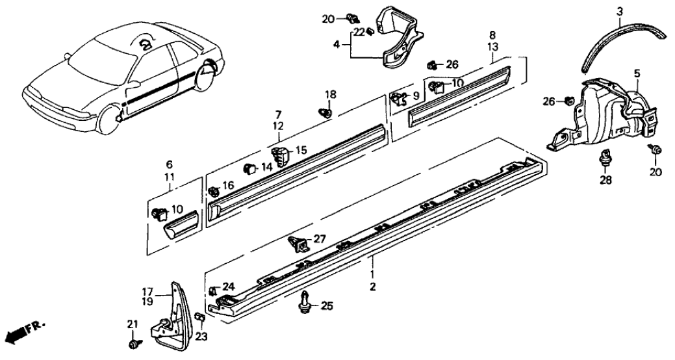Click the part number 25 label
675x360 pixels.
pos(326,305)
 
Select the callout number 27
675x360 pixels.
pos(319,239)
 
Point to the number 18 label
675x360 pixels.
pos(331,95)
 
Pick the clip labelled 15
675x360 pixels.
pos(280,156)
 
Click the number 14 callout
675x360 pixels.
pos(267,167)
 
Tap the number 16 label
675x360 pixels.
pos(227,186)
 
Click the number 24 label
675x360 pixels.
pos(228,285)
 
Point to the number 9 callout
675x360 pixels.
pos(416,94)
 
